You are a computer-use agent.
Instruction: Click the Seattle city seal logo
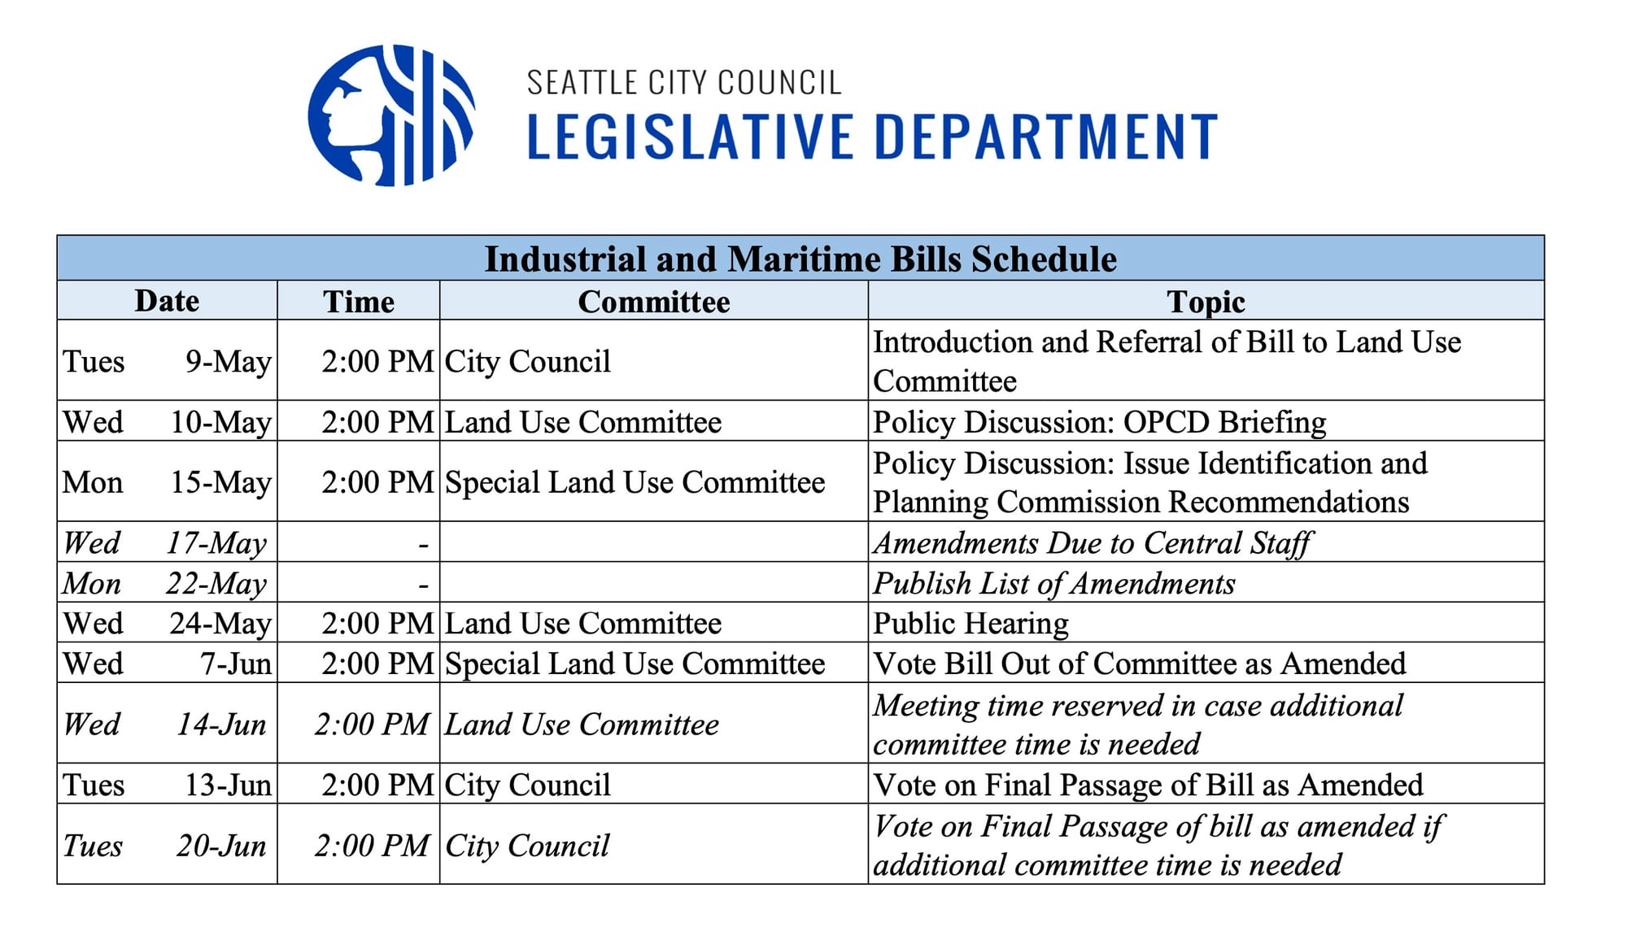pos(391,115)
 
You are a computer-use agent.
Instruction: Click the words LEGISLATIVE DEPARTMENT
pos(872,137)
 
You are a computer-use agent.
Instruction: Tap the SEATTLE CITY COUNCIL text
pos(683,83)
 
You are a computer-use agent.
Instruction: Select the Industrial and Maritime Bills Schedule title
pos(800,259)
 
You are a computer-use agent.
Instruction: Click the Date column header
pos(167,301)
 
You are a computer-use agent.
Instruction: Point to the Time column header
pos(358,302)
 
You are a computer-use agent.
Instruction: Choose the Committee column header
pos(653,302)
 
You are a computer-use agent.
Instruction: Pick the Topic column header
pos(1206,302)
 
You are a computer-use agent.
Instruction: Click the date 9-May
pos(229,361)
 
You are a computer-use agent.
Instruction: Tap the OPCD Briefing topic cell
pos(1099,422)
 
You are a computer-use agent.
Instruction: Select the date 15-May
pos(220,482)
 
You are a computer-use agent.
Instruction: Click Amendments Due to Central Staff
pos(1093,543)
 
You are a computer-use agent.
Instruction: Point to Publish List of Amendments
pos(1053,583)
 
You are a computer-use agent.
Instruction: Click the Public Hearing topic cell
pos(971,623)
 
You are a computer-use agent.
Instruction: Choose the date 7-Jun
pos(236,664)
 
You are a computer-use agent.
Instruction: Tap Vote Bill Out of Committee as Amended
pos(1139,664)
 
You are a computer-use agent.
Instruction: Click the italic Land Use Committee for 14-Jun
pos(582,724)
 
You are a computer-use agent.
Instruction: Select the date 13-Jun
pos(228,785)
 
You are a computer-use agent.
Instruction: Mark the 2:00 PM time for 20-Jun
pos(372,846)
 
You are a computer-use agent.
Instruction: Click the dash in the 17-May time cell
pos(423,544)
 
